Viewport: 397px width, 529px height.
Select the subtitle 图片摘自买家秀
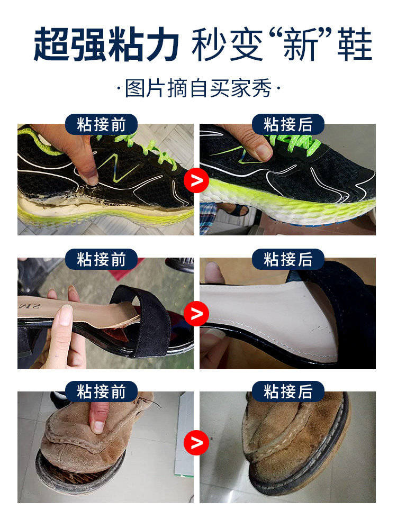coord(198,88)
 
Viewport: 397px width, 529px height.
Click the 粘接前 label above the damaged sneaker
coord(102,125)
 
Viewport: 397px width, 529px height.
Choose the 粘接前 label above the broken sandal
coord(102,259)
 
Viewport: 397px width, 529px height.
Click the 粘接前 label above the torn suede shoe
coord(102,392)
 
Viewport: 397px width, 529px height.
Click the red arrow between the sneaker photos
coord(196,180)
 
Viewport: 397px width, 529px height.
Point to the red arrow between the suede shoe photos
coord(196,442)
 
